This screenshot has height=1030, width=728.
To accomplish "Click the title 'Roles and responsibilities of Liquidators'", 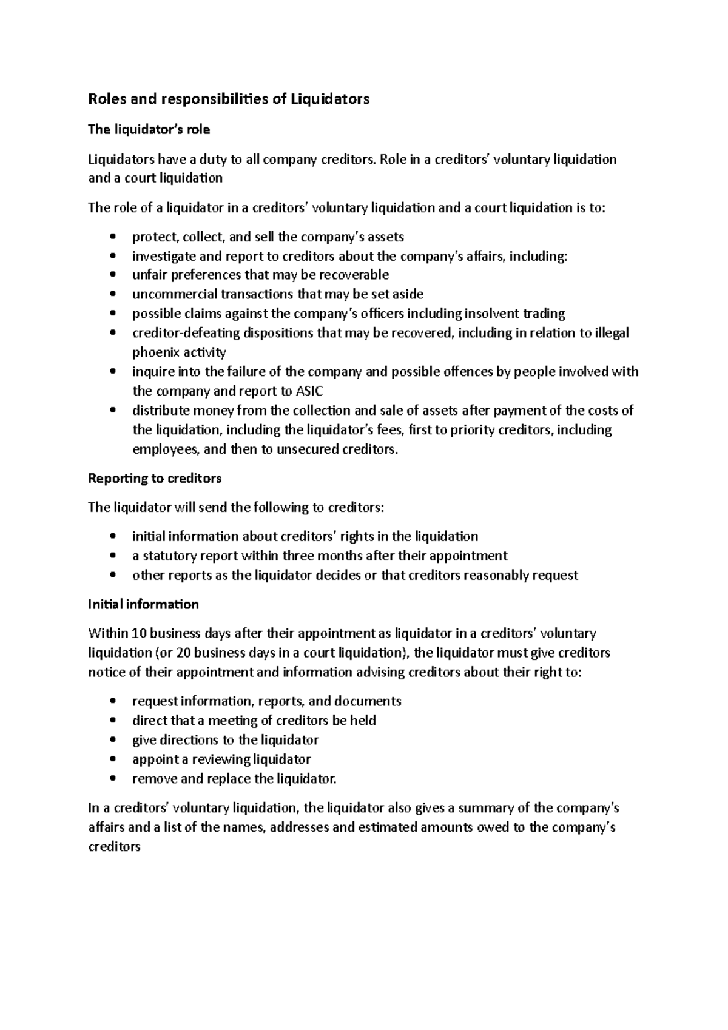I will coord(229,99).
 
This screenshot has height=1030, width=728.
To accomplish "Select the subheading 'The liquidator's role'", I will coord(149,130).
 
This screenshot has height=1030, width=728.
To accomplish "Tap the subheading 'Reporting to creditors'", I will coord(155,479).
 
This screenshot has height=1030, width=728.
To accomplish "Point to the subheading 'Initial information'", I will coord(143,605).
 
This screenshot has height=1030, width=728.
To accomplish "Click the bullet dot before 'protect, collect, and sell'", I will coord(113,237).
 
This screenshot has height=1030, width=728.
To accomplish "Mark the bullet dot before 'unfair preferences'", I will coord(113,275).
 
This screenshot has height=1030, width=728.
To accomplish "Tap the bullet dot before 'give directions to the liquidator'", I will coord(113,741).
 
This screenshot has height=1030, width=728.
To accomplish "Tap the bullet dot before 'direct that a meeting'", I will coord(113,721).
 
